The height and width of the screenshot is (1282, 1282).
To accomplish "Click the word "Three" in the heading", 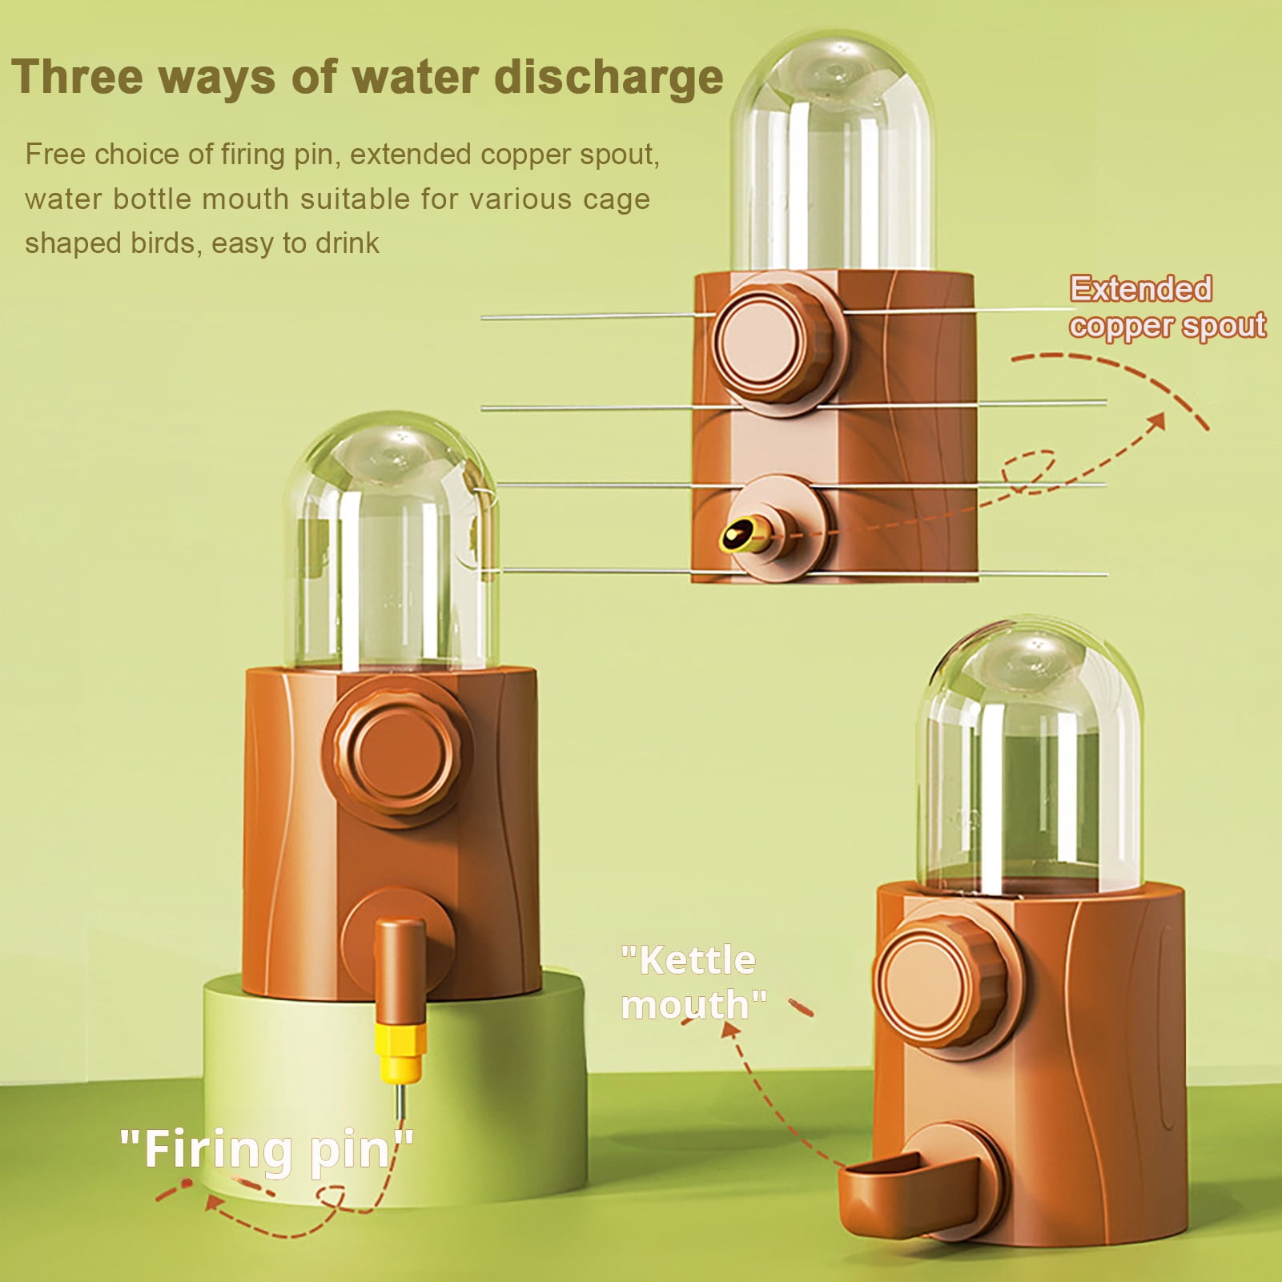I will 78,77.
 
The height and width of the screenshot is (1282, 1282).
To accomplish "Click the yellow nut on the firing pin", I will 400,1050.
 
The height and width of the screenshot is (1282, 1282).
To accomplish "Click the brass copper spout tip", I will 738,535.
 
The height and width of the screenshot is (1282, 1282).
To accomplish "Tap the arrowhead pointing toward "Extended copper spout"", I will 1156,422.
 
